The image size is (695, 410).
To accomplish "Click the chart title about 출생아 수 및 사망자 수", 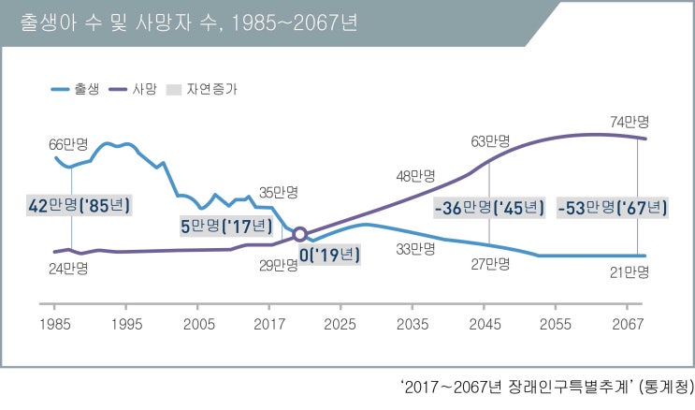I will coord(188,22).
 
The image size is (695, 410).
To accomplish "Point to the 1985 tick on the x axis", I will coord(54,323).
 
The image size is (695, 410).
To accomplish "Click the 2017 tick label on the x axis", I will coord(268,323).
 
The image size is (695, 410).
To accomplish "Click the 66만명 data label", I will coord(68,145).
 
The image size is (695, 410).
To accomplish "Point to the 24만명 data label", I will coord(68,269).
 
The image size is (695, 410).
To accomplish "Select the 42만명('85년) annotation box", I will coord(78,205).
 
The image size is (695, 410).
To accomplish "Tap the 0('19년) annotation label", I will coord(327,254).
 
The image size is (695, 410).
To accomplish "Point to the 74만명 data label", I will coord(629,122).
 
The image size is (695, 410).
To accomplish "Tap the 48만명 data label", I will coord(416,175).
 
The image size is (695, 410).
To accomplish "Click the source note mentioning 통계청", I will coord(547,387).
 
